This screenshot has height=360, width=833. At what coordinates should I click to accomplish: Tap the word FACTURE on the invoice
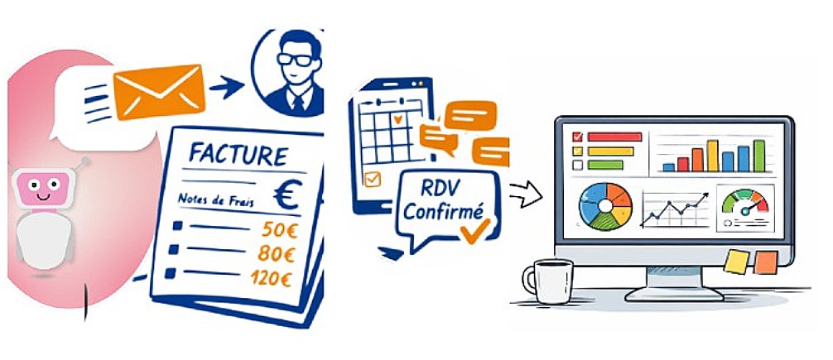click(x=238, y=154)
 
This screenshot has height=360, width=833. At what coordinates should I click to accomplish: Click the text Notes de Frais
click(x=216, y=199)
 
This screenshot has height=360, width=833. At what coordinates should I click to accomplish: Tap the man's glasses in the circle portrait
click(x=296, y=60)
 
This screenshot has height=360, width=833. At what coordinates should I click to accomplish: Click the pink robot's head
click(x=42, y=190)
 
